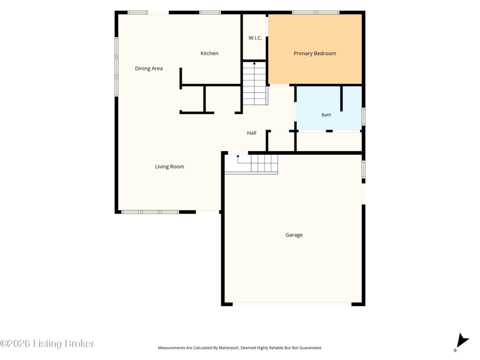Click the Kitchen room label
[x=209, y=53]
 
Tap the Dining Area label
[x=149, y=68]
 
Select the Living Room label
[x=169, y=167]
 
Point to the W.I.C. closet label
[x=255, y=38]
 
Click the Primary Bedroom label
[x=314, y=53]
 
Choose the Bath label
[x=326, y=115]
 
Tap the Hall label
[x=251, y=133]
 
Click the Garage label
[x=294, y=235]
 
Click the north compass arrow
[x=462, y=342]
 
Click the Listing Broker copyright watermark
[x=47, y=343]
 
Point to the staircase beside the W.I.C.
[x=254, y=83]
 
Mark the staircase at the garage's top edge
[x=251, y=164]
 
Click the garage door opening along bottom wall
[x=292, y=304]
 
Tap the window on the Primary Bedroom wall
[x=316, y=13]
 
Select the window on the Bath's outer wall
[x=364, y=116]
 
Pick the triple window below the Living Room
[x=151, y=212]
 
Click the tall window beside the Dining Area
[x=116, y=67]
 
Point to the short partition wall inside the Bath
[x=341, y=98]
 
